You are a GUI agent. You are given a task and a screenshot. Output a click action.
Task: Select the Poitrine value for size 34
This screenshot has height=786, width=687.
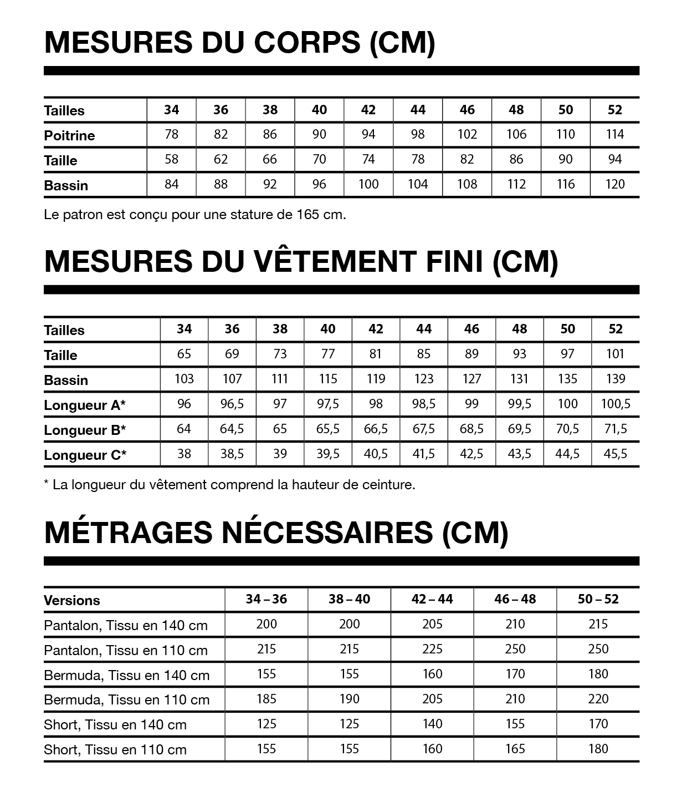172,134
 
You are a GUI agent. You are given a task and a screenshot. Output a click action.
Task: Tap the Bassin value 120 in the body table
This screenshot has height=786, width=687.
615,184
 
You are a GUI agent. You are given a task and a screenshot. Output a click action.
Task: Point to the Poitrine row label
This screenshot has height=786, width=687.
69,135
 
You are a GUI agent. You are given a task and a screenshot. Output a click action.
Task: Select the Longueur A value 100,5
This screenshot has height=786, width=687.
616,404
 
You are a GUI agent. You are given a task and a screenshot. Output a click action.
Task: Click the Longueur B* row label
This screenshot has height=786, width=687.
85,430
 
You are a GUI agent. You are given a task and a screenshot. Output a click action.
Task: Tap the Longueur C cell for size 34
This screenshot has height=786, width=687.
184,454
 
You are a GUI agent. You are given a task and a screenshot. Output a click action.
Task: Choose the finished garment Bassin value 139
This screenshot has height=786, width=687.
616,379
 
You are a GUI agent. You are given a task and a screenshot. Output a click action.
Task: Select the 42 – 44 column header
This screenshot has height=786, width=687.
432,599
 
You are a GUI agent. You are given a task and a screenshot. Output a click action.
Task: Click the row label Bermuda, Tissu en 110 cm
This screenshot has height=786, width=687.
126,700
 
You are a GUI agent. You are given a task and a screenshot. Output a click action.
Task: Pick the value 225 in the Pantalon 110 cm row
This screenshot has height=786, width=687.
432,649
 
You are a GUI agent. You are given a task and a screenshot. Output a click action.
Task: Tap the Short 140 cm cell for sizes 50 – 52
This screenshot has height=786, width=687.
598,724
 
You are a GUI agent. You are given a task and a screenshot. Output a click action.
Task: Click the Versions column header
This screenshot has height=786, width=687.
72,600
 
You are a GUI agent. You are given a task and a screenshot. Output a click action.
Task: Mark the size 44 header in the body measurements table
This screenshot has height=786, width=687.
418,110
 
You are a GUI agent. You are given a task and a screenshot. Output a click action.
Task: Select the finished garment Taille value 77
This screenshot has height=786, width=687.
328,354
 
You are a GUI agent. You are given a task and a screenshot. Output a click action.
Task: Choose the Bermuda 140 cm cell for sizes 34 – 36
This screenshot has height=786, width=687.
266,674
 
